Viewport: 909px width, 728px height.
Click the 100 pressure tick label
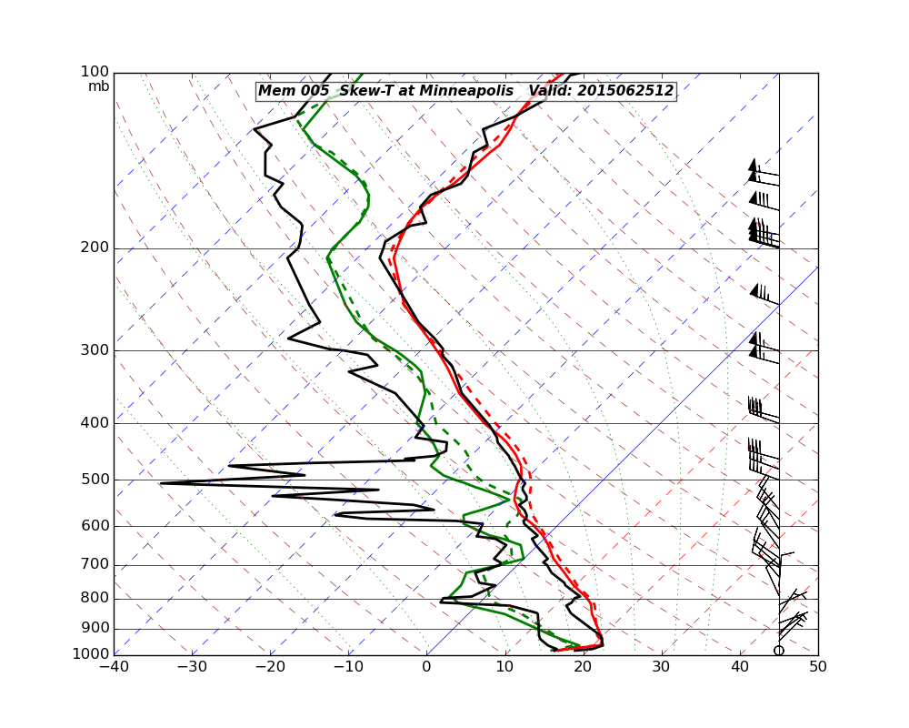click(95, 72)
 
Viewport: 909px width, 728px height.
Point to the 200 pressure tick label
click(95, 248)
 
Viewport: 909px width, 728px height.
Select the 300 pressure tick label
click(95, 350)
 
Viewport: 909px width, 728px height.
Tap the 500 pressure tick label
click(95, 480)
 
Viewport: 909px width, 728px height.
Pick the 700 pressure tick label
click(95, 565)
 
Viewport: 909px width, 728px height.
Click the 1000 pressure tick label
click(92, 654)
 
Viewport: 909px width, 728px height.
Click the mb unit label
click(98, 86)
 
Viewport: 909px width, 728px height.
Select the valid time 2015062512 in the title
click(628, 91)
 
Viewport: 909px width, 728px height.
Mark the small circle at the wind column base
click(779, 650)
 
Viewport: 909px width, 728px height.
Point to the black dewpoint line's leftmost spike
click(162, 483)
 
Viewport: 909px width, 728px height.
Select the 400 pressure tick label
click(95, 423)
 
